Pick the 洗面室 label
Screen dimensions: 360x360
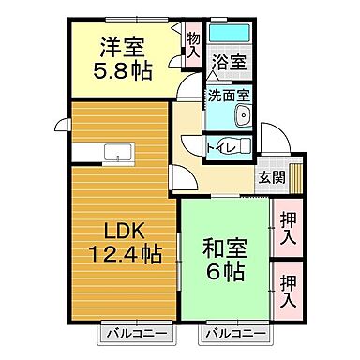pos(229,95)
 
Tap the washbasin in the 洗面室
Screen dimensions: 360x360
pos(242,117)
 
